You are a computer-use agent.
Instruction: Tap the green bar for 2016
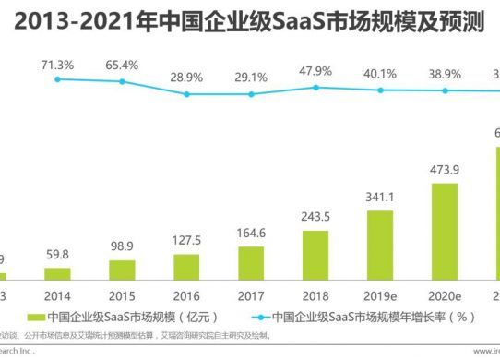click(185, 267)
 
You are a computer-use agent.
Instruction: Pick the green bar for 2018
click(315, 255)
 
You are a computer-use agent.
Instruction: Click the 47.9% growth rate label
click(315, 71)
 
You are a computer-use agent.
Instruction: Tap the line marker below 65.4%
click(122, 82)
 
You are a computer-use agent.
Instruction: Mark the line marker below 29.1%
click(251, 92)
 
